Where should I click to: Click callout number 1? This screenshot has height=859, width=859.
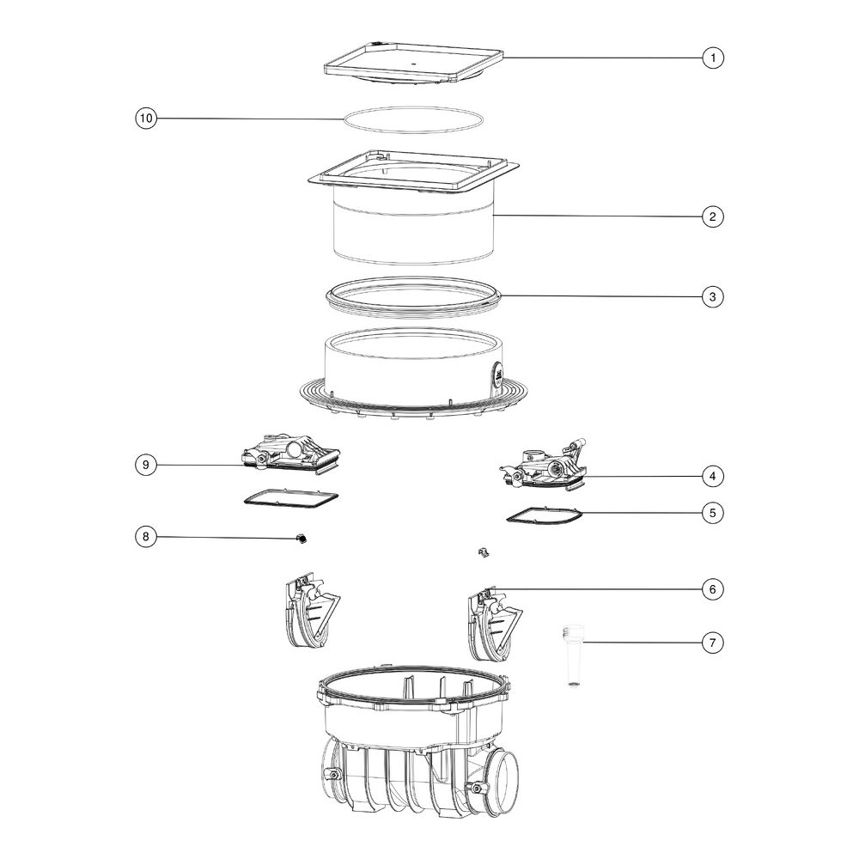point(713,58)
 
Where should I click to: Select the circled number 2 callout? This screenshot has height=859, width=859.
point(713,216)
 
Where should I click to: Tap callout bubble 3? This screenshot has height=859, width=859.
point(713,297)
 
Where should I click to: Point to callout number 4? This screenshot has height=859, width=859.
point(713,476)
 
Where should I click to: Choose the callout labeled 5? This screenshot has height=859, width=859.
point(713,513)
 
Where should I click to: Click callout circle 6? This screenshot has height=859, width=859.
point(713,589)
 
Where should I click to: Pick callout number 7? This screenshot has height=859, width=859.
point(713,642)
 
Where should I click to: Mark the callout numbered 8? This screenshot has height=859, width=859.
point(146,536)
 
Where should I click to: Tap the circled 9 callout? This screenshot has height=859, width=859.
point(146,465)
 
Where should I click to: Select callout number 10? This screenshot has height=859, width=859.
point(146,119)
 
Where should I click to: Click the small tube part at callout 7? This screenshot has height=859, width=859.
point(573,655)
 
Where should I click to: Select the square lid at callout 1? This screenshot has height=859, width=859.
point(414,63)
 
